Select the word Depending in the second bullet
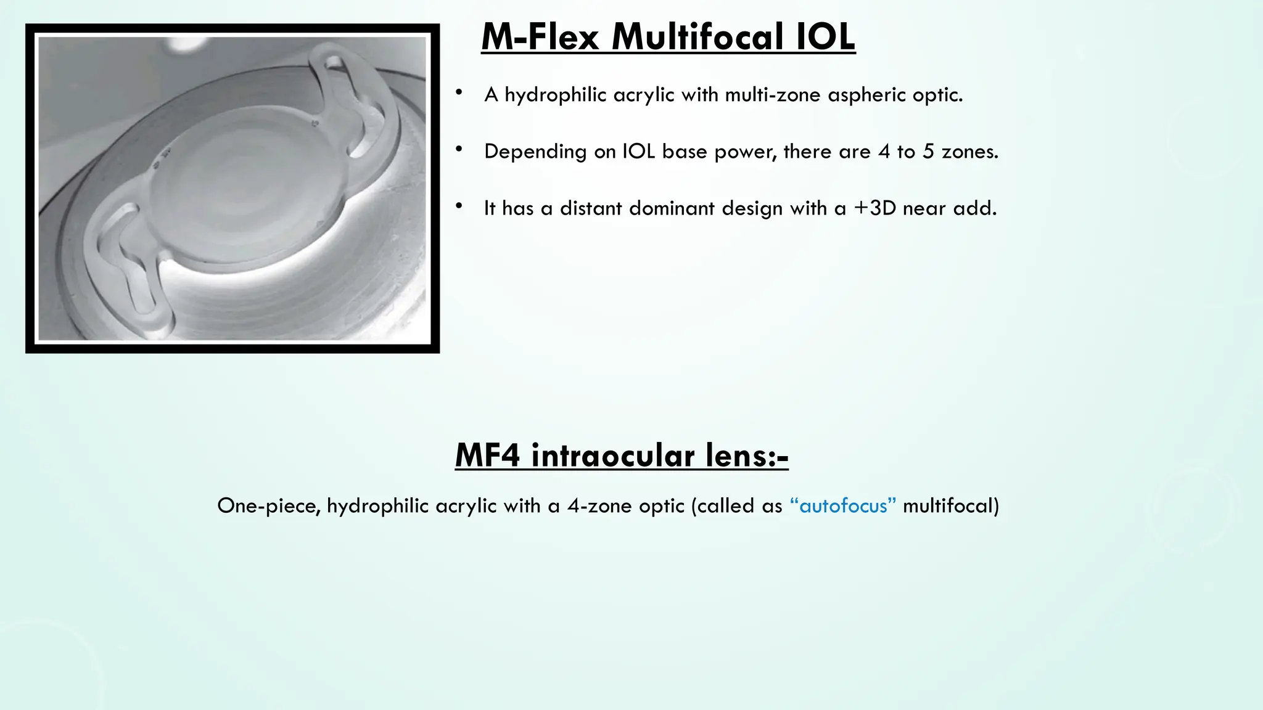pyautogui.click(x=535, y=152)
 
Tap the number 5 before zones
pyautogui.click(x=928, y=152)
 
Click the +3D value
pyautogui.click(x=874, y=208)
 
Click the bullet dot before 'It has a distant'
pyautogui.click(x=459, y=206)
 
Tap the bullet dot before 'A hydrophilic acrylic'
pyautogui.click(x=459, y=93)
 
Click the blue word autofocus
pyautogui.click(x=843, y=506)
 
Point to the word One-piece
pyautogui.click(x=268, y=506)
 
